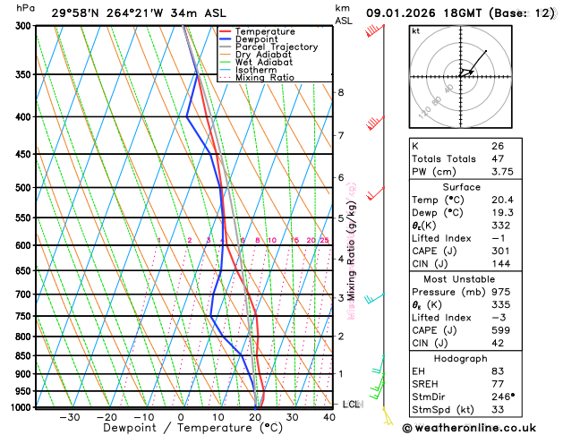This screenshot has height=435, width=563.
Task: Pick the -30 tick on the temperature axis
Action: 69,417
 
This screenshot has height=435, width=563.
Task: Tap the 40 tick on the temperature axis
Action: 330,417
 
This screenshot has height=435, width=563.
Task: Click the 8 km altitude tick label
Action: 341,93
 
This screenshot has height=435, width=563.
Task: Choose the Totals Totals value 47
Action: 497,158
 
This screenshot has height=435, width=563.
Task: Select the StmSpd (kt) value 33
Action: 497,410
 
